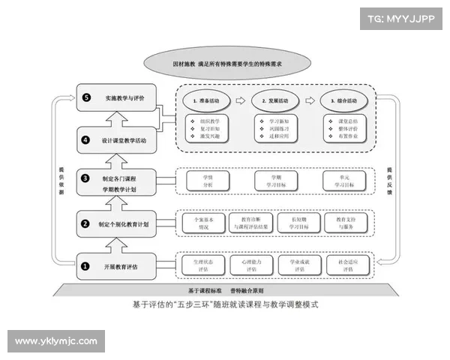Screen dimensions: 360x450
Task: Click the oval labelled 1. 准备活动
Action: point(204,100)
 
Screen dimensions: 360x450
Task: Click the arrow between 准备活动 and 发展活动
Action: point(240,100)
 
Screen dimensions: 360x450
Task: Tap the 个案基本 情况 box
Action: point(204,222)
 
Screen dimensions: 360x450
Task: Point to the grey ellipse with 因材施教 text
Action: point(226,64)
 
